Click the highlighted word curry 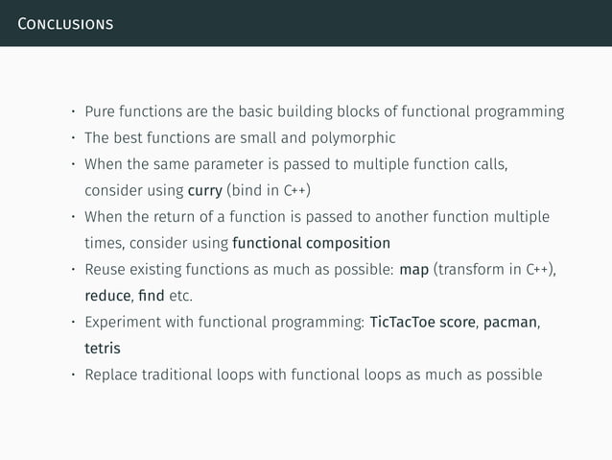point(206,189)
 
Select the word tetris point(103,347)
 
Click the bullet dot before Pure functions point(69,112)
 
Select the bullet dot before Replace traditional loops point(69,374)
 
